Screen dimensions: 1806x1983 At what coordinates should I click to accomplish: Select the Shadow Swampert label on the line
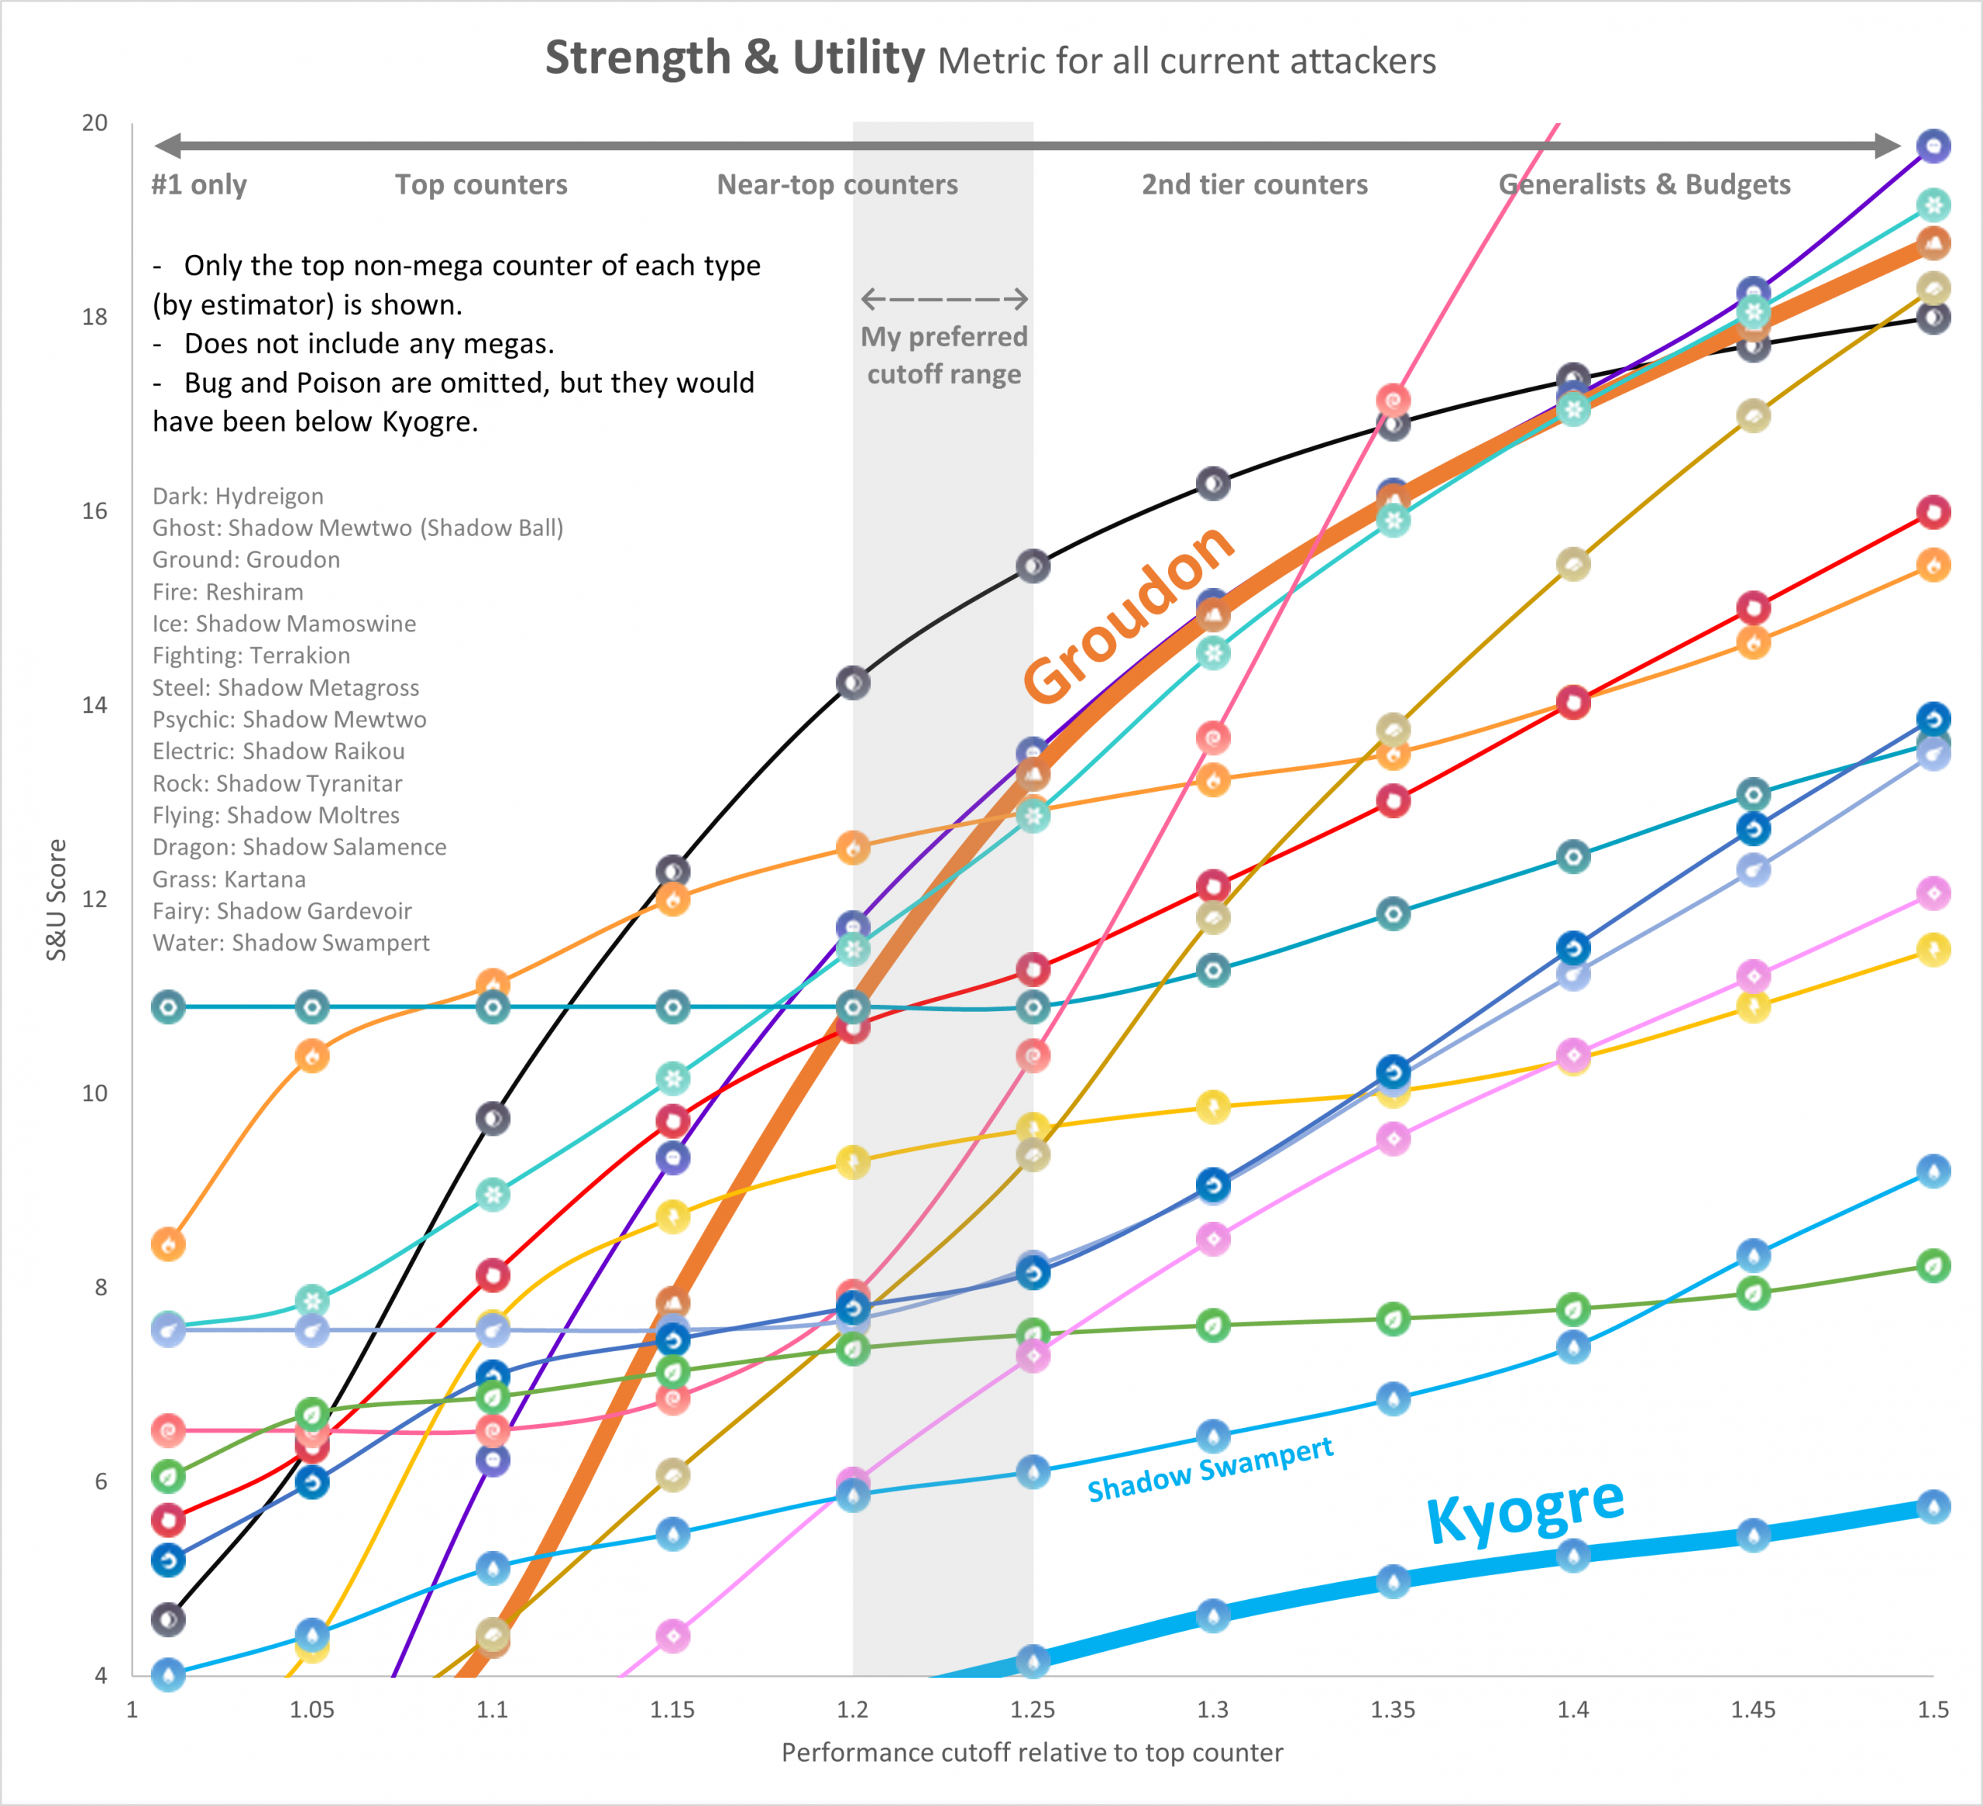(1210, 1470)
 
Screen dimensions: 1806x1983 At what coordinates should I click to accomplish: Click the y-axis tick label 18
(95, 317)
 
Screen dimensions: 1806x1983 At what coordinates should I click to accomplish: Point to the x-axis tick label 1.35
(1393, 1710)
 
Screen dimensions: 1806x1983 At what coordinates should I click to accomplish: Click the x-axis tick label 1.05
(312, 1710)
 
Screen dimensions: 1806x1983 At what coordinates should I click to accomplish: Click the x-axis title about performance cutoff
(1032, 1753)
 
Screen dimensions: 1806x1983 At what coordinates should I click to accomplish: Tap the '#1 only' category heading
(199, 185)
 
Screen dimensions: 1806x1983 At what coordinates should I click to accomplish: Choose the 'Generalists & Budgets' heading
(1644, 185)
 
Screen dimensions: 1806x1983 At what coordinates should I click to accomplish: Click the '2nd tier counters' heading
(1254, 185)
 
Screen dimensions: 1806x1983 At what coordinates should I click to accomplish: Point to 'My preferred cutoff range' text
(944, 355)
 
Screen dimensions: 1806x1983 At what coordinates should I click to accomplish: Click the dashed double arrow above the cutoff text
(944, 298)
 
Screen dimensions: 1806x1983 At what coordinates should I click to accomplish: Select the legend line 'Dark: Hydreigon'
(238, 496)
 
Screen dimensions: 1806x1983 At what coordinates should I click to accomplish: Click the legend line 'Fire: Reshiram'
(229, 591)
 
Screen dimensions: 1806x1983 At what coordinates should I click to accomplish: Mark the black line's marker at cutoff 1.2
(853, 683)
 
